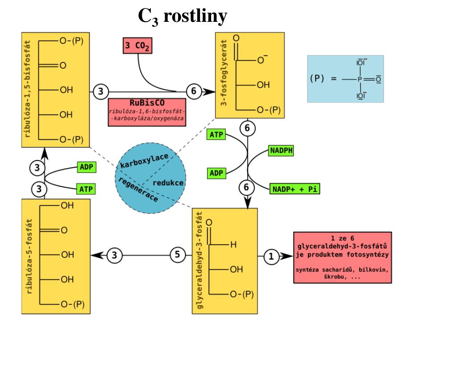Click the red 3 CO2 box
136,46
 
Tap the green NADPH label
281,151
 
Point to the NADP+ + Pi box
295,189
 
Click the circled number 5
177,255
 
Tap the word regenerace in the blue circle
137,189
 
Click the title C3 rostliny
183,16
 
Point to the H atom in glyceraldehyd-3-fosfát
233,245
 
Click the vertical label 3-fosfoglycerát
224,74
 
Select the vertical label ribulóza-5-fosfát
29,256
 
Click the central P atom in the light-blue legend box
358,79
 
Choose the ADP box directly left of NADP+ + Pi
216,173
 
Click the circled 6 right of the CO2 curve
193,91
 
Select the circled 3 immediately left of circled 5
115,255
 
